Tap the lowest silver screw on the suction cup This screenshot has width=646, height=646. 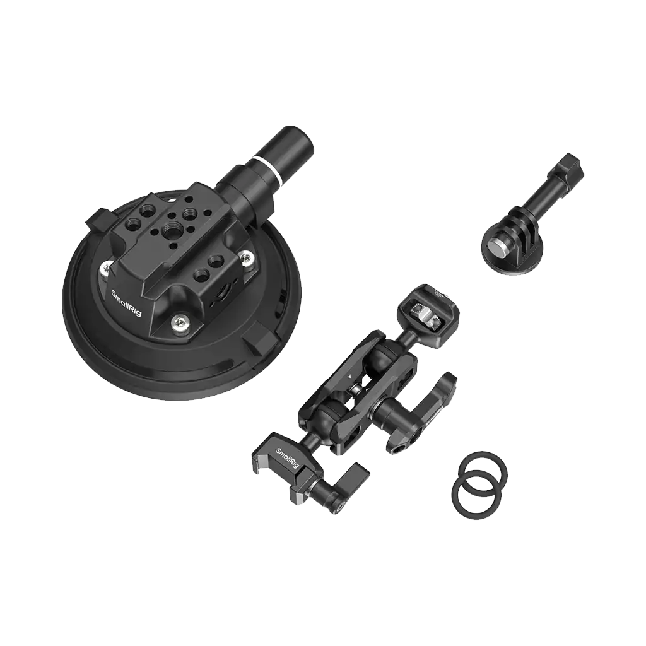[x=181, y=322]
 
